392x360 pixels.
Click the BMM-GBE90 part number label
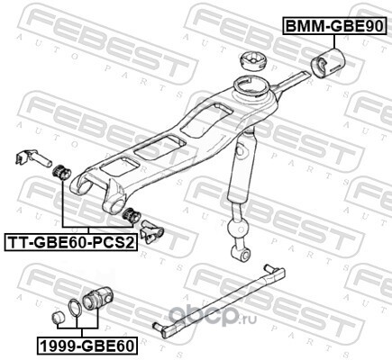pyautogui.click(x=334, y=26)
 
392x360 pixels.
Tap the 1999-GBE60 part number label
pyautogui.click(x=87, y=346)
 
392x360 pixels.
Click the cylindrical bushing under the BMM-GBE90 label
pyautogui.click(x=327, y=63)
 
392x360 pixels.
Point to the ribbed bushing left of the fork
pyautogui.click(x=61, y=173)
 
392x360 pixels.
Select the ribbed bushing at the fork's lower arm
pyautogui.click(x=132, y=215)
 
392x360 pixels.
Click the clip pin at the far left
pyautogui.click(x=33, y=157)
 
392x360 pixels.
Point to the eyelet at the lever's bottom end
pyautogui.click(x=242, y=254)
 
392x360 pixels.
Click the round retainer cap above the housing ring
pyautogui.click(x=253, y=60)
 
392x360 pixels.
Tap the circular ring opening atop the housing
pyautogui.click(x=251, y=86)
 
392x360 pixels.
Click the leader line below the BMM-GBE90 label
pyautogui.click(x=333, y=41)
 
